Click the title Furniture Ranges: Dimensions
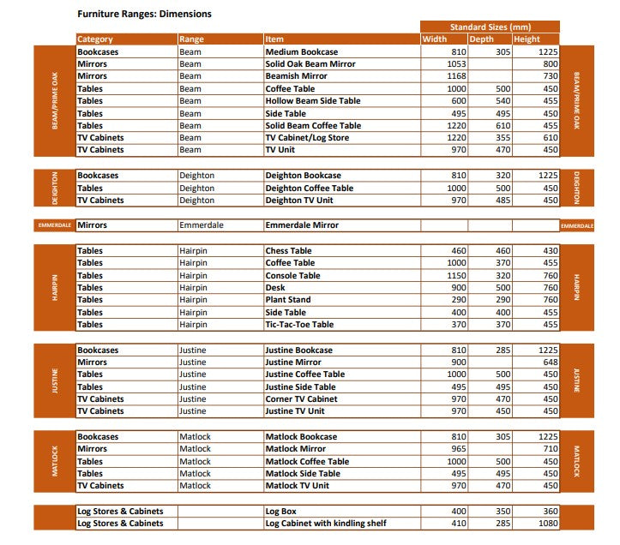coord(144,14)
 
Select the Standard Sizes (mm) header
coord(490,27)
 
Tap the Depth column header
coord(482,39)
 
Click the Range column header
coord(191,39)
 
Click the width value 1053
coord(456,64)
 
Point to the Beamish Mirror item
coord(296,76)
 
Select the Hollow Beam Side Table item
coord(312,101)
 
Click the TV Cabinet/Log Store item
coord(307,137)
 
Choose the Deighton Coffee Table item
coord(309,188)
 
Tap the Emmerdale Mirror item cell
coord(302,225)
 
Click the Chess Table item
coord(288,251)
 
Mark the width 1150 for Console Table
coord(456,276)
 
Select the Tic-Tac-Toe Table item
coord(298,325)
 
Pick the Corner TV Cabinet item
coord(301,399)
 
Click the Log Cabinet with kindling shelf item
coord(326,523)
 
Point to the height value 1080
coord(547,523)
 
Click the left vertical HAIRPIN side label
coord(54,287)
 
